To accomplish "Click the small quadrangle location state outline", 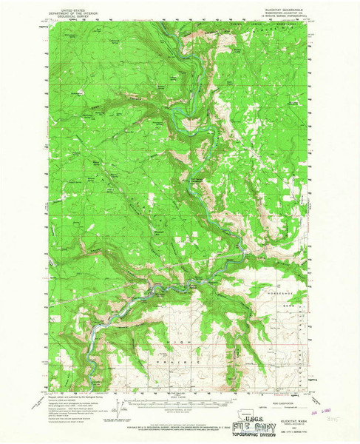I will click(x=259, y=408).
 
